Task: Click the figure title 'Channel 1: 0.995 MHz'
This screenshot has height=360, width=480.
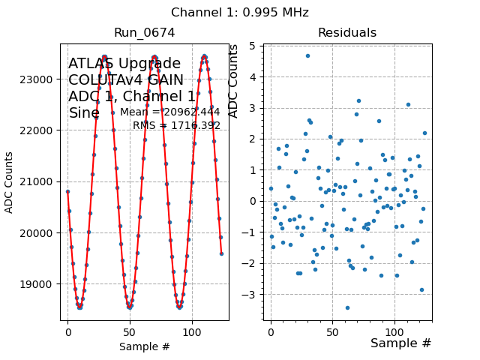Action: tap(240, 13)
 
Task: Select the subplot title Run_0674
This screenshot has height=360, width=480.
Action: tap(145, 33)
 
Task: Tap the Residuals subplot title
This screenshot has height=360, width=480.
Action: tap(347, 33)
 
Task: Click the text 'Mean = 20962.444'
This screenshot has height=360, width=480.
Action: tap(170, 112)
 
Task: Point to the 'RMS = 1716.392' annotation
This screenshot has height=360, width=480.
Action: tap(176, 126)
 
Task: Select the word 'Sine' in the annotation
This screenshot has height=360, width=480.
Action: tap(84, 113)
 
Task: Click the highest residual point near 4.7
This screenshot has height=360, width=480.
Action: tap(307, 55)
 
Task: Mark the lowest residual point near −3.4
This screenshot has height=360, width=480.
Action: tap(347, 307)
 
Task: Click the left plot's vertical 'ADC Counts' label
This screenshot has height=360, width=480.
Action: tap(10, 182)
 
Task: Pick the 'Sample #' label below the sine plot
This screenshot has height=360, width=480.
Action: tap(145, 346)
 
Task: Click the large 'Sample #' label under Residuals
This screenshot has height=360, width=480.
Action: tap(401, 343)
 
